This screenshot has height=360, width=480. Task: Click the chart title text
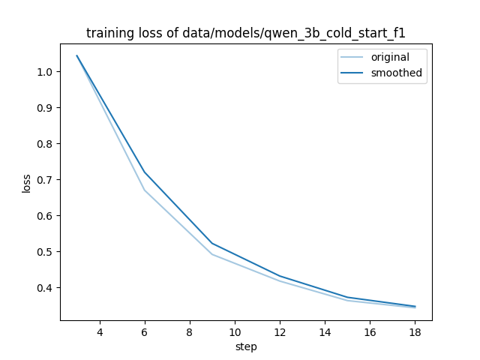(246, 33)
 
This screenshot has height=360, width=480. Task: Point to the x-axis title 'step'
(246, 346)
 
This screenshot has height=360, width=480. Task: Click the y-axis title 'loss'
(27, 183)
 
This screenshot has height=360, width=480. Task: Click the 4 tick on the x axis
(100, 331)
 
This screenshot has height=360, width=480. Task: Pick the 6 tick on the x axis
(145, 331)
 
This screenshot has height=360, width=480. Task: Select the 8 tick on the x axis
(190, 331)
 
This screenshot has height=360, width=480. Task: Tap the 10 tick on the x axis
(235, 331)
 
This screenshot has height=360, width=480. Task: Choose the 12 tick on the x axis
(280, 331)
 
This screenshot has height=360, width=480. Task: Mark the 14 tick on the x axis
(325, 331)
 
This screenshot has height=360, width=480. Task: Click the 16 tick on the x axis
(370, 331)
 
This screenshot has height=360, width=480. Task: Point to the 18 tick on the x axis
(415, 331)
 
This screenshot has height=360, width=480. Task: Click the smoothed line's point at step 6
(145, 172)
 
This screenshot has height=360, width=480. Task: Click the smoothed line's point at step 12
(280, 276)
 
